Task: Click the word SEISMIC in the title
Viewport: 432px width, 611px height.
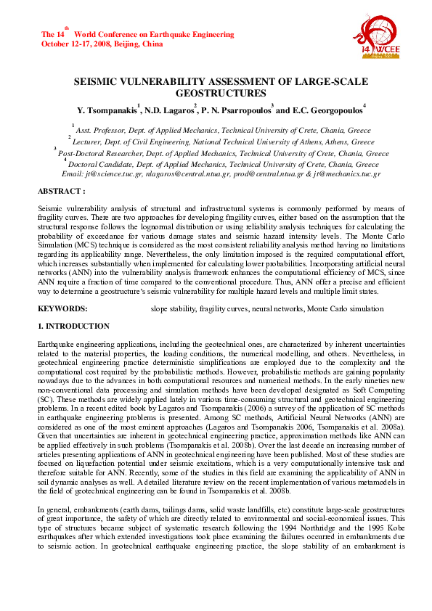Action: [x=99, y=82]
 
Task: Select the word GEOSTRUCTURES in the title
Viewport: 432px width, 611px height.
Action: [x=216, y=94]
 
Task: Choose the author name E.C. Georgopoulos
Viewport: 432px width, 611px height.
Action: [x=326, y=110]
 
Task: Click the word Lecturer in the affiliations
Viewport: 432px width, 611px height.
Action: [x=92, y=143]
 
